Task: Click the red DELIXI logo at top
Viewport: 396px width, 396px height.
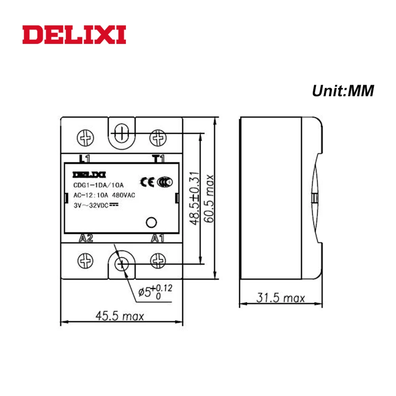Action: tap(74, 35)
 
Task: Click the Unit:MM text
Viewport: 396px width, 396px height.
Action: tap(343, 91)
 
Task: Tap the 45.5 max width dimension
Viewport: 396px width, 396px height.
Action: tap(120, 316)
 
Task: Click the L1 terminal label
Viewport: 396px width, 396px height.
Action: tap(85, 159)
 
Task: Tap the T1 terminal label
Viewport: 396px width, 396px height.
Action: tap(158, 159)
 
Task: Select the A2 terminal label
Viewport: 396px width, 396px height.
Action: tap(86, 238)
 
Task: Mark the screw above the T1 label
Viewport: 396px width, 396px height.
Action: tap(158, 138)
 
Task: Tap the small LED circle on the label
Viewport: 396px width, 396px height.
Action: tap(150, 223)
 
